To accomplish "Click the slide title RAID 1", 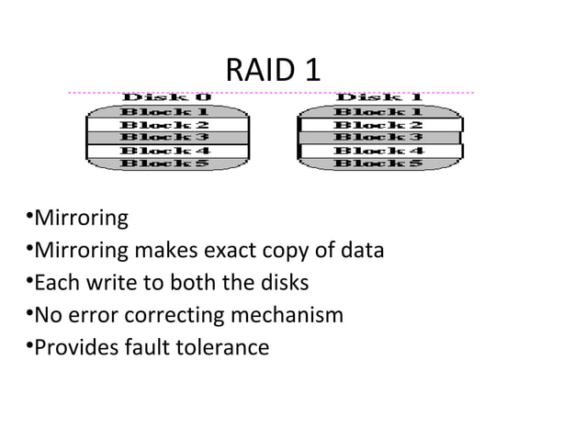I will (x=273, y=70).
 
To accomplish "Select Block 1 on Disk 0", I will (x=166, y=111).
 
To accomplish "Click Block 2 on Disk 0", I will (x=166, y=124).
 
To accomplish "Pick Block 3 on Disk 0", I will (x=166, y=137).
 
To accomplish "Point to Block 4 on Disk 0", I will (x=166, y=151).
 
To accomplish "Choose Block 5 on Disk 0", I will (x=166, y=163).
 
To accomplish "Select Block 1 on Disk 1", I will (x=378, y=111).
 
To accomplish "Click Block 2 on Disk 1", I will (x=378, y=124).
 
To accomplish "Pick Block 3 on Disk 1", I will (x=378, y=137).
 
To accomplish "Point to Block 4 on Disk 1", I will (x=378, y=151).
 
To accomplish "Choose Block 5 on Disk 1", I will (x=378, y=163).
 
